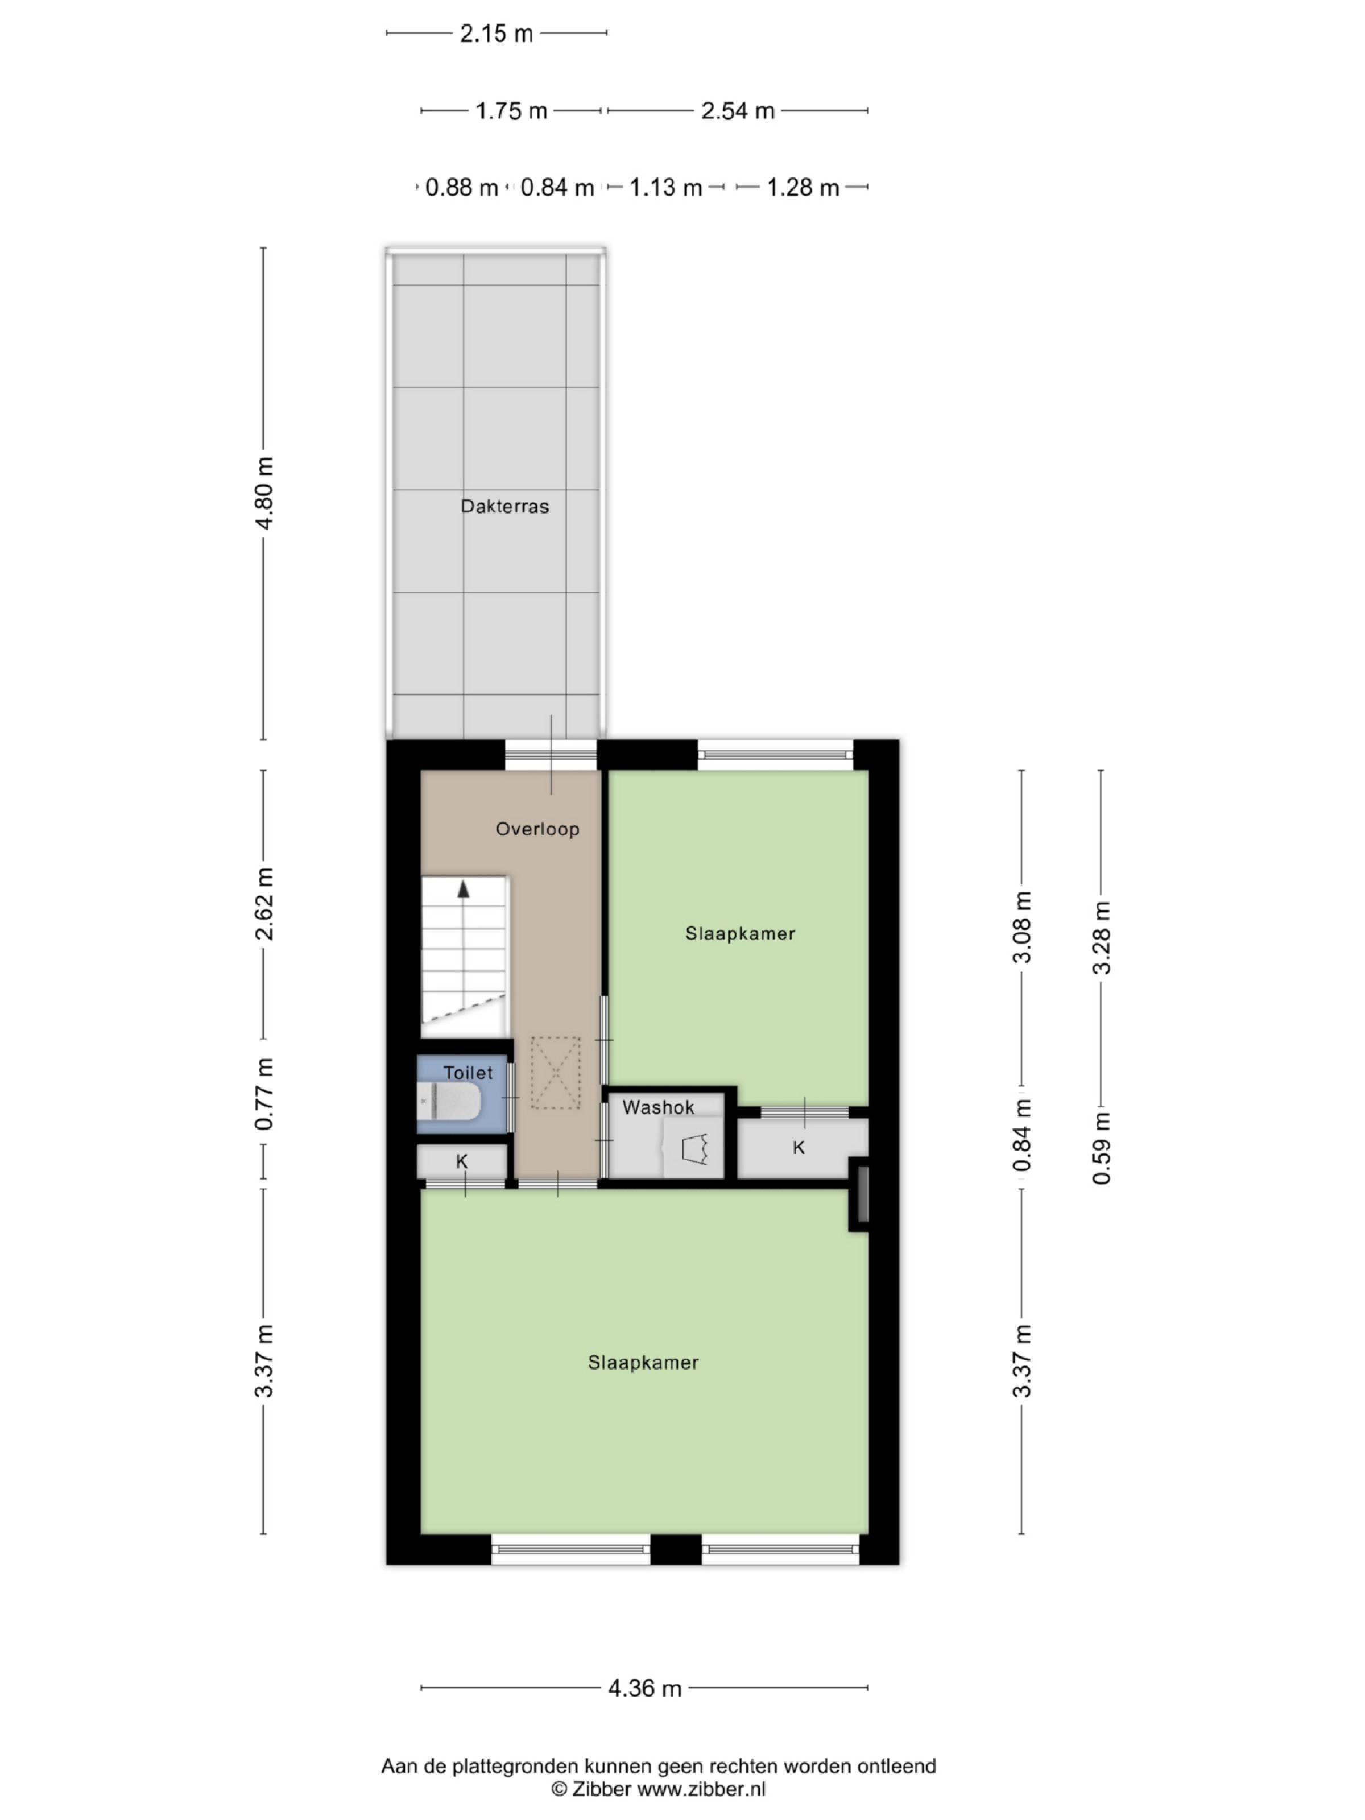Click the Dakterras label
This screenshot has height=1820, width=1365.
[x=504, y=506]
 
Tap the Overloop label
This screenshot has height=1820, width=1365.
[x=537, y=829]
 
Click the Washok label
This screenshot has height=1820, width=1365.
[x=658, y=1107]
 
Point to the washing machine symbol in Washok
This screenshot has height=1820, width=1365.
[x=695, y=1149]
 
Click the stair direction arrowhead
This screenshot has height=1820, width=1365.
[x=463, y=888]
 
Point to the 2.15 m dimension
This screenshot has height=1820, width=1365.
[x=496, y=34]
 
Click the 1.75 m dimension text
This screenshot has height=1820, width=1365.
[x=511, y=110]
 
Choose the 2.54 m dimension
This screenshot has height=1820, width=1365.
[x=737, y=110]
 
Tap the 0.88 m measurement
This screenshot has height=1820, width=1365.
[x=461, y=188]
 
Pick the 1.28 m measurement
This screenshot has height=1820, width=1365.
[x=802, y=188]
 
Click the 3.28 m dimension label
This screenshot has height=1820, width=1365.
[x=1102, y=937]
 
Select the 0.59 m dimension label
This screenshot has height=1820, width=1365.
[x=1102, y=1147]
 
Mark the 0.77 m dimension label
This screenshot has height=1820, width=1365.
[x=264, y=1094]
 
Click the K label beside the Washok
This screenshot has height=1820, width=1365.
[x=798, y=1147]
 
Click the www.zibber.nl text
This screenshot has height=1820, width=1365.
[x=701, y=1788]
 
